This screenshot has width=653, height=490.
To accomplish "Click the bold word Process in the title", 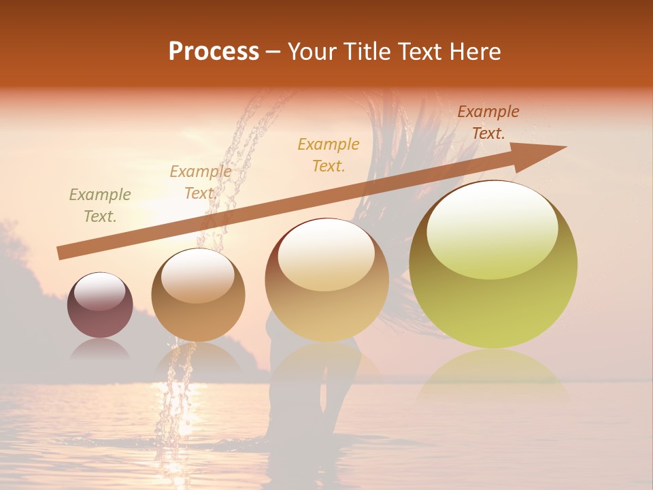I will [214, 52].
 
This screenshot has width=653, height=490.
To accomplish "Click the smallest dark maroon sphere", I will [100, 305].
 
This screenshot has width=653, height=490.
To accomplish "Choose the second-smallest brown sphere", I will [198, 295].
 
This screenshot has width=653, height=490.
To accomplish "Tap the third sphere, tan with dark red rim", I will [326, 279].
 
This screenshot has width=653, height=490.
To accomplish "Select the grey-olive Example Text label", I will [100, 206].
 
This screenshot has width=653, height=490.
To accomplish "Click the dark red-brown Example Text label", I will [488, 122].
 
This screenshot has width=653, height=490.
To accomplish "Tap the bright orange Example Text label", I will [329, 154].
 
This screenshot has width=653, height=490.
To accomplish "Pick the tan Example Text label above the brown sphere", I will [200, 182].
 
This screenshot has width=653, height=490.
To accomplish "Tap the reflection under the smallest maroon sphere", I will [99, 349].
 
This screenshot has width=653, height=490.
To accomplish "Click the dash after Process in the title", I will [273, 52].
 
